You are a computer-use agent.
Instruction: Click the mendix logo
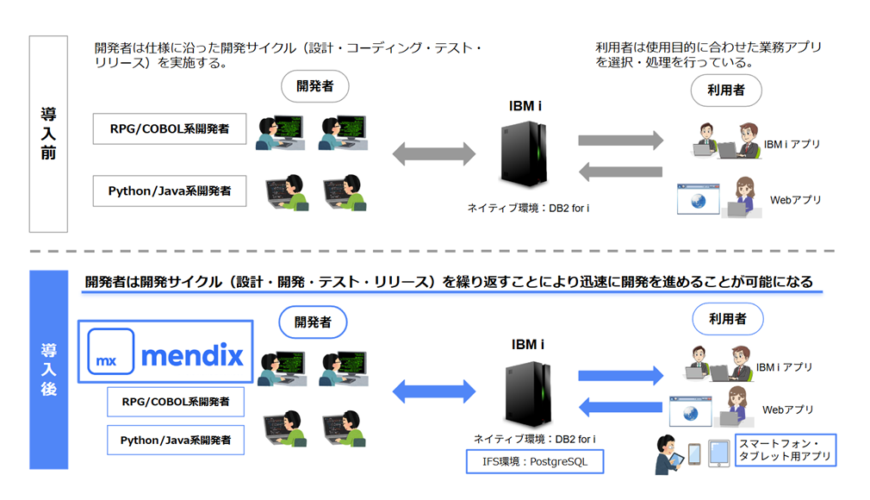point(165,352)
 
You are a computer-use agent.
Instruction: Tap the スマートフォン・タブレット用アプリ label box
point(785,450)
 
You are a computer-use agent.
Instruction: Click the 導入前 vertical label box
point(48,134)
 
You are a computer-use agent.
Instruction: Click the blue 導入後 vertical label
point(48,370)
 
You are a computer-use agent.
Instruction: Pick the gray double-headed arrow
point(434,154)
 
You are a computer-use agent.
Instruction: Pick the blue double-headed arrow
point(434,391)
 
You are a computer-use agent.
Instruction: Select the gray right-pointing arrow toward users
point(620,141)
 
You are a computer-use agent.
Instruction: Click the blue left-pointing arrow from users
point(620,406)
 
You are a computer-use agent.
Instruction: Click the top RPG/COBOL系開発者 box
point(169,129)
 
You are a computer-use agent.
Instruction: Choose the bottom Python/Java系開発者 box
point(176,440)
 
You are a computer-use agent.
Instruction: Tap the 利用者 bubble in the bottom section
point(727,319)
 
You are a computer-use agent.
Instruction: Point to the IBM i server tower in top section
point(525,155)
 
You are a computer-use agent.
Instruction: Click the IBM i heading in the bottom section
point(527,344)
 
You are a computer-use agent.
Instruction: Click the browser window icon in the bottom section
point(689,414)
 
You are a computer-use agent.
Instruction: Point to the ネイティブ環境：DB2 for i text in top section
point(528,208)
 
